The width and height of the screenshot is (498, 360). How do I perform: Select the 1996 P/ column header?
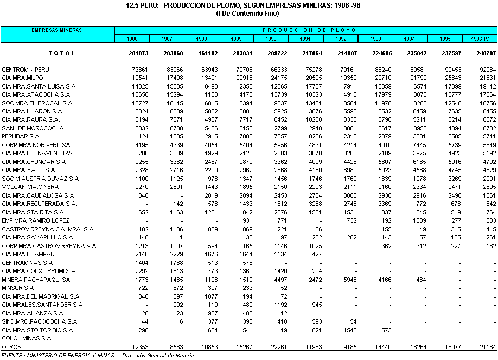point(480,39)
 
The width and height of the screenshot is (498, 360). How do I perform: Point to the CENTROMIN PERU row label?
point(25,70)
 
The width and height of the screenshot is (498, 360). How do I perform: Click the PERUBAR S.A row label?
point(21,137)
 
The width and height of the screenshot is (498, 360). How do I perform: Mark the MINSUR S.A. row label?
point(18,288)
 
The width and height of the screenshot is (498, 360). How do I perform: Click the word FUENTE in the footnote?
point(13,355)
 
